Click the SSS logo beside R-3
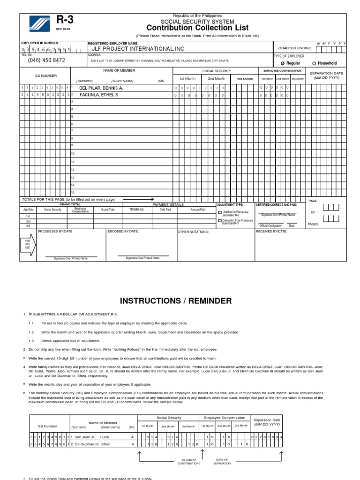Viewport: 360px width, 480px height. (37, 24)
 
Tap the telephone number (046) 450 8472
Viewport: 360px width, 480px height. (46, 60)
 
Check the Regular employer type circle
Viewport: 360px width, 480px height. (283, 63)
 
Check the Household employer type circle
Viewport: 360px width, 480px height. (314, 63)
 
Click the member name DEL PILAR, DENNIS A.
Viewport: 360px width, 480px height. (101, 88)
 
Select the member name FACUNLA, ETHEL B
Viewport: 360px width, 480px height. (99, 95)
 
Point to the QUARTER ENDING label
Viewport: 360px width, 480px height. (294, 48)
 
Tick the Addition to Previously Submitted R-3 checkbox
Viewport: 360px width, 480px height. (220, 212)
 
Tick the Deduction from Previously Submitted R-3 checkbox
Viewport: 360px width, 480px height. (220, 220)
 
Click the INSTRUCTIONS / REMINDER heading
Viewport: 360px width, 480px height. (176, 300)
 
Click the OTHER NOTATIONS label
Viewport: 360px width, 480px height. (193, 232)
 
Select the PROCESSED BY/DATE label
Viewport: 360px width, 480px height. (55, 231)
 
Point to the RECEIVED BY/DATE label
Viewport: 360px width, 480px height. (271, 231)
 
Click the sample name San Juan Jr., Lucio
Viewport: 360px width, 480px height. (91, 436)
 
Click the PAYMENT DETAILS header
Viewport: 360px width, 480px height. (168, 204)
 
